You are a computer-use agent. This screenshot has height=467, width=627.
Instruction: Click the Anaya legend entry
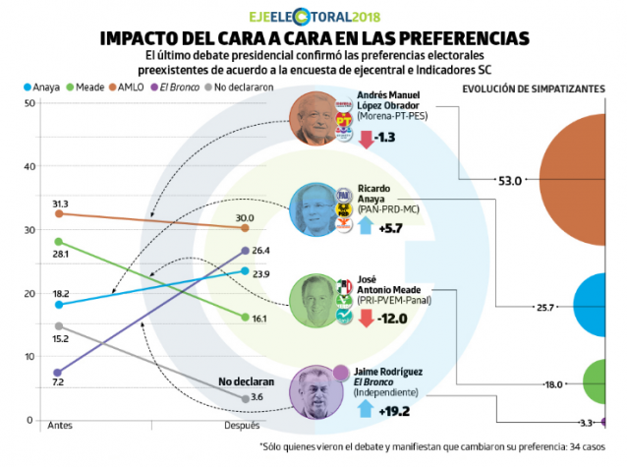pyautogui.click(x=41, y=88)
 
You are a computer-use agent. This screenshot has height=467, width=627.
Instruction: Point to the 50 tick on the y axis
pyautogui.click(x=14, y=103)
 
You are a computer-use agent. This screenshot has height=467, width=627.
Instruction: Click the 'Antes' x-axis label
pyautogui.click(x=61, y=426)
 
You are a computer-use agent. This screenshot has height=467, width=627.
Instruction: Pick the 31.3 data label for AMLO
pyautogui.click(x=60, y=204)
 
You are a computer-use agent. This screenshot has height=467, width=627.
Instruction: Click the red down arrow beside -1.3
pyautogui.click(x=366, y=138)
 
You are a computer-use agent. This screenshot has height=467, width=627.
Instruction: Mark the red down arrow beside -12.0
pyautogui.click(x=366, y=318)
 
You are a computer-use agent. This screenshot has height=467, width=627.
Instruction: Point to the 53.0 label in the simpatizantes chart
pyautogui.click(x=510, y=180)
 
